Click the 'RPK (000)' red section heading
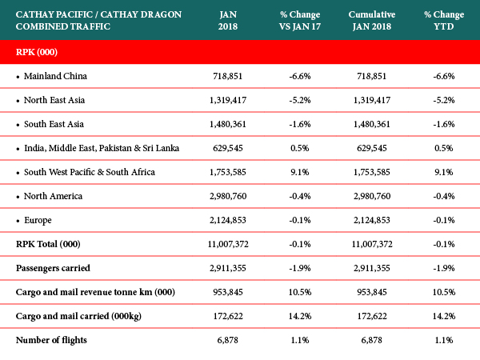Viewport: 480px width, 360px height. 37,52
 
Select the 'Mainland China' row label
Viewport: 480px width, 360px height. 55,76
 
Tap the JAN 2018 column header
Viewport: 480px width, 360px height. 228,21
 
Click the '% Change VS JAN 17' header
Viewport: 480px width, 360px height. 300,21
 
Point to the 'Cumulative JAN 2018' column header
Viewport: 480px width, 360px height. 372,21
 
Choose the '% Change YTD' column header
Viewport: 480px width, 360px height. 444,21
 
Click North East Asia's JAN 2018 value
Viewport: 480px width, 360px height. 228,100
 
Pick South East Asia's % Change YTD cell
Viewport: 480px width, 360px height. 444,124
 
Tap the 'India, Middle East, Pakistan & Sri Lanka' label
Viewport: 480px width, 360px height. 102,148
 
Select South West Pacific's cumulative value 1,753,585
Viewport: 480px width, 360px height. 372,172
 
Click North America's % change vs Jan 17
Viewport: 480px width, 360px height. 300,196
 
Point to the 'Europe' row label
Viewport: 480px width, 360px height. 38,221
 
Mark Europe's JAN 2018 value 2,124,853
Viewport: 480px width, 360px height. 228,220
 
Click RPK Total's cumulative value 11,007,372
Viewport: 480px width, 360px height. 372,244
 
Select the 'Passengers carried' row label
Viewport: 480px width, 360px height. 53,268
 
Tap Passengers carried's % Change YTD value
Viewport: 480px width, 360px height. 444,268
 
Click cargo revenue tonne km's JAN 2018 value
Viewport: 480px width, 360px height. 228,292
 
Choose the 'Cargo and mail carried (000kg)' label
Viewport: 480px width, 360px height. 78,316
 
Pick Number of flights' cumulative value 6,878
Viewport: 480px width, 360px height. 372,340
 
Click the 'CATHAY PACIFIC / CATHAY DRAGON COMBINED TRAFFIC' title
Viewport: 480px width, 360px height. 98,21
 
